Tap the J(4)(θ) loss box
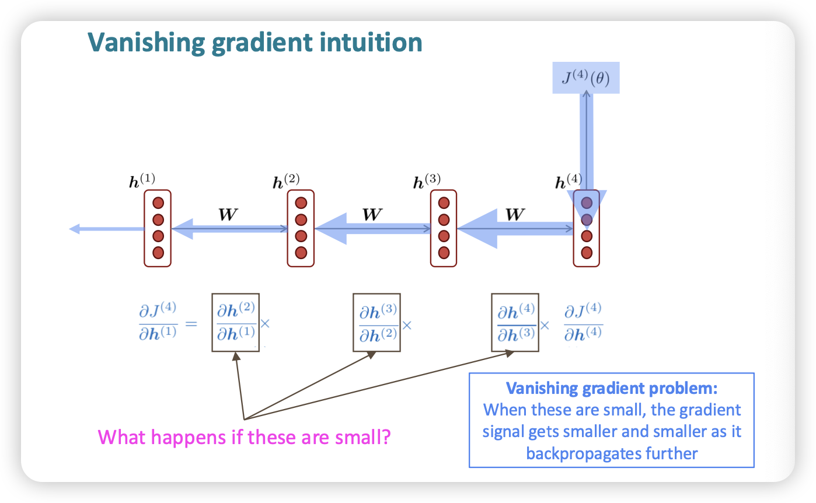point(585,78)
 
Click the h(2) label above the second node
point(286,180)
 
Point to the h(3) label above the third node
point(427,180)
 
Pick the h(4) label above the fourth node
point(568,180)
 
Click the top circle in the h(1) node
point(158,203)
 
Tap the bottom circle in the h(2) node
point(301,253)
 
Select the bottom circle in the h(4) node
point(587,253)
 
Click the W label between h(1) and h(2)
point(228,214)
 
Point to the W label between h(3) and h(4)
point(514,214)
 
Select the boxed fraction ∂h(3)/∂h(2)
point(377,322)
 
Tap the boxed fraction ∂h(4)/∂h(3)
point(515,322)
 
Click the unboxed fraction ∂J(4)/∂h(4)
point(583,322)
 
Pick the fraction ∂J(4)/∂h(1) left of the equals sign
point(158,322)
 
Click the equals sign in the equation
point(192,323)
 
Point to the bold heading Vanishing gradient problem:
point(612,389)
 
